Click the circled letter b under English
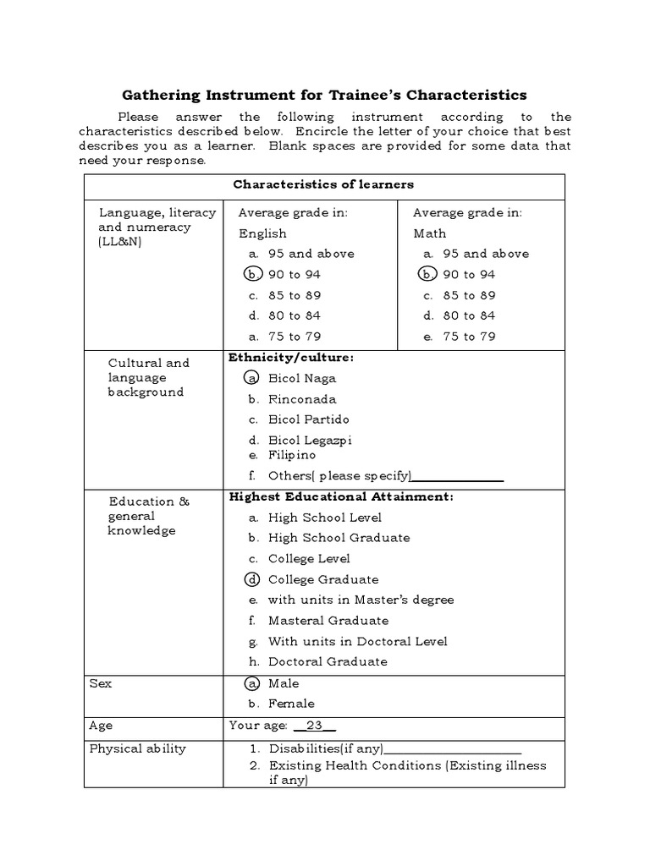[x=252, y=274]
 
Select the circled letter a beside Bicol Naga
[x=252, y=379]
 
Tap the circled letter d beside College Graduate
[x=252, y=579]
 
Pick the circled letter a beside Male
[x=252, y=683]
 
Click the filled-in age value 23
[x=315, y=726]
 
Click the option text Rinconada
[x=302, y=399]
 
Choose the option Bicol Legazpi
[x=309, y=440]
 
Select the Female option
[x=291, y=704]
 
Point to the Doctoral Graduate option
[x=328, y=662]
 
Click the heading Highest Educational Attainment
[x=341, y=496]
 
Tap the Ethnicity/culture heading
[x=291, y=358]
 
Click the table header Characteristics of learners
[x=323, y=184]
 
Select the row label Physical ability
[x=137, y=748]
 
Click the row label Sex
[x=100, y=683]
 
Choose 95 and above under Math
[x=486, y=254]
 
